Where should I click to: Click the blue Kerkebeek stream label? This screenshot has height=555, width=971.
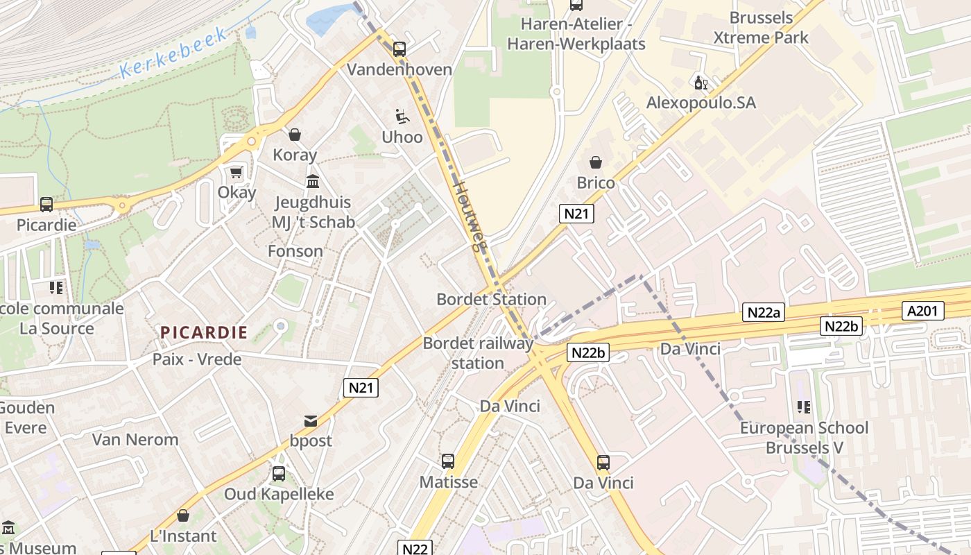[173, 53]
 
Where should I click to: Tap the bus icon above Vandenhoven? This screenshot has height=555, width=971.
[399, 49]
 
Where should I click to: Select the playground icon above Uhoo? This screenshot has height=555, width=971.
[402, 117]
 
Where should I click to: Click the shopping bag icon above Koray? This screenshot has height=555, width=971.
[295, 135]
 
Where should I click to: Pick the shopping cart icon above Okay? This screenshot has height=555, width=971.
[237, 172]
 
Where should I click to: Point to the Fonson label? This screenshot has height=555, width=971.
[295, 251]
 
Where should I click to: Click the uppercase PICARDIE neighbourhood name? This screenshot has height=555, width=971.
[204, 332]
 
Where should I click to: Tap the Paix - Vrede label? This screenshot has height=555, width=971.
[197, 359]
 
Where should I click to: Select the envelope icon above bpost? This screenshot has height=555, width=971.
[310, 421]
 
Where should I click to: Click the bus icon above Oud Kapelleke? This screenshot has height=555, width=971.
[278, 474]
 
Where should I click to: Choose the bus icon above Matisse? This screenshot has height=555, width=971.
[448, 461]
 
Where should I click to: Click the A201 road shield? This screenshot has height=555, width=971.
[922, 311]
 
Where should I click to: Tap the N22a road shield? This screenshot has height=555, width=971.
[764, 313]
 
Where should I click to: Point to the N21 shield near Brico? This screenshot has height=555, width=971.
[576, 214]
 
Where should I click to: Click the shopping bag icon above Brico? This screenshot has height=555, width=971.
[595, 163]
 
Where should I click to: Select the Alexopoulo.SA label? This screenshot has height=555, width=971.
[701, 103]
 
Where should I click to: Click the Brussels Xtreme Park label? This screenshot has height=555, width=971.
[761, 28]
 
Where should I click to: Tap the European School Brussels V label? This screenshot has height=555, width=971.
[804, 438]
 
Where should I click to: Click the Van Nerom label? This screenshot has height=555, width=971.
[135, 440]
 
